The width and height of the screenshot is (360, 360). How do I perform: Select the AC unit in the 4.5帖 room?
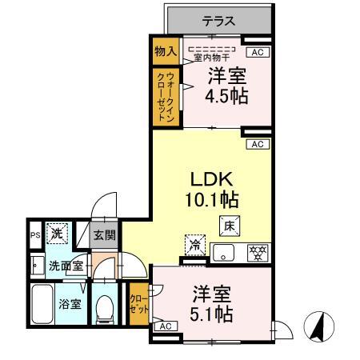(257, 52)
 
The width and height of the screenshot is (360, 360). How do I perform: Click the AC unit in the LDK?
(257, 144)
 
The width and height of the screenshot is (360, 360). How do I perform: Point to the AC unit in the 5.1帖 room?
(166, 326)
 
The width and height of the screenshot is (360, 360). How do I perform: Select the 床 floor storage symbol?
(227, 226)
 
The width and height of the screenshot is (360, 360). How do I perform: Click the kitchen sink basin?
(224, 254)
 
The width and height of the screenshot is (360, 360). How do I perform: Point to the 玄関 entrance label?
(104, 235)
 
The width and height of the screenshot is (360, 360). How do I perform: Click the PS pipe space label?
(34, 235)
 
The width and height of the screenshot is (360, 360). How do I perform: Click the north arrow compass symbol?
(318, 326)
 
